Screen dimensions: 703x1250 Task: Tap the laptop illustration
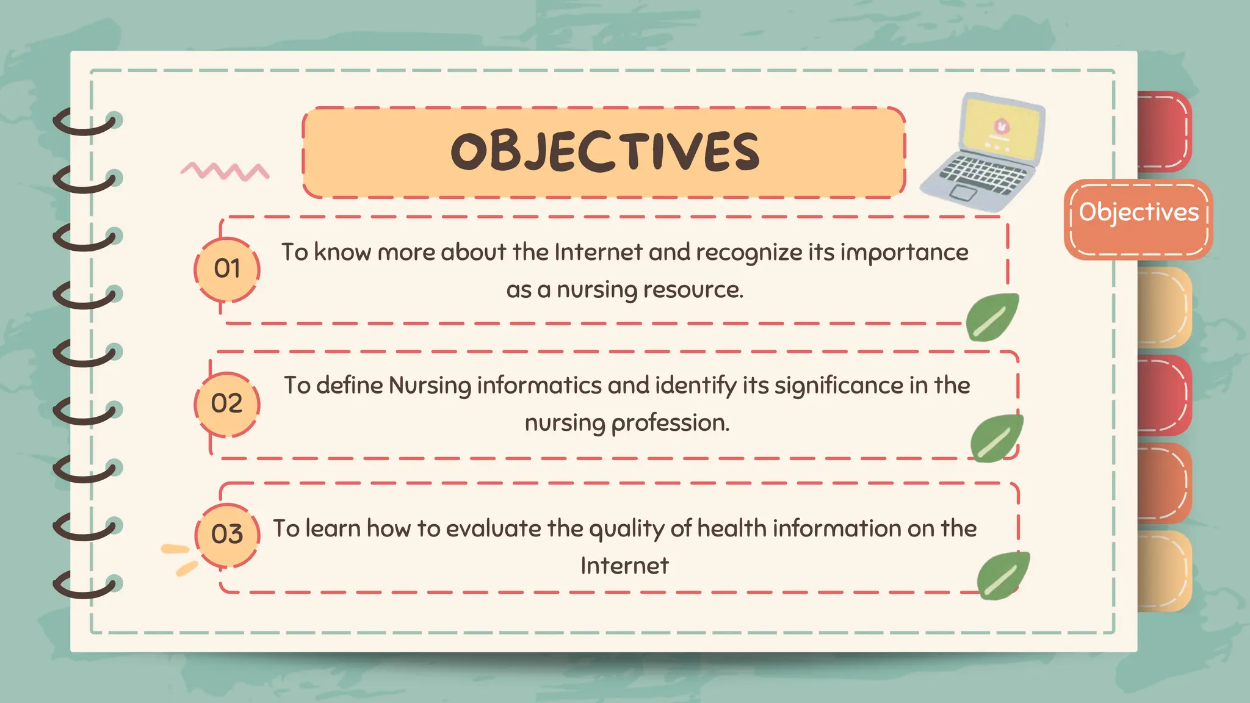(x=983, y=153)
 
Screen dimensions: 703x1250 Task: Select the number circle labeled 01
(x=227, y=269)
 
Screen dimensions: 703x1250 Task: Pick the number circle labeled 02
(x=227, y=403)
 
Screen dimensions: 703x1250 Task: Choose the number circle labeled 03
(x=227, y=535)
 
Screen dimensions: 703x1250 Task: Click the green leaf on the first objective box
(x=992, y=317)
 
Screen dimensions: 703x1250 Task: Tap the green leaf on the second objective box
(x=996, y=438)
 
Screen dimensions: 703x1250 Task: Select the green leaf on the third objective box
(x=1003, y=575)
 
